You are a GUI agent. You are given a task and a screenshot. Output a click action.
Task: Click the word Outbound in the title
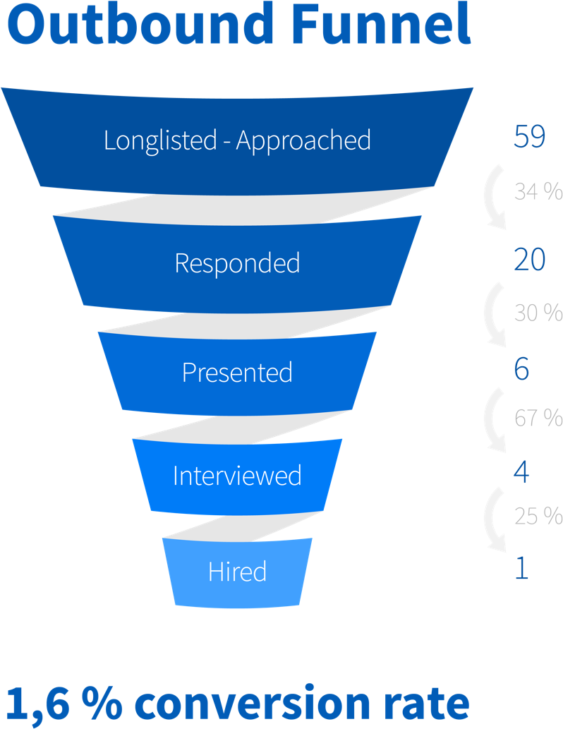(x=140, y=23)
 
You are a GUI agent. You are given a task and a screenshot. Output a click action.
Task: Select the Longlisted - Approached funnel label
(x=237, y=141)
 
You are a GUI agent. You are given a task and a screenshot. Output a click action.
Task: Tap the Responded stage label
(x=237, y=264)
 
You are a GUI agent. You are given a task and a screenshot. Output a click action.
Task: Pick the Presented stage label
(x=237, y=373)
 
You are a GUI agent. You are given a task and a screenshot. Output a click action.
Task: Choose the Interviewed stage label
(x=237, y=476)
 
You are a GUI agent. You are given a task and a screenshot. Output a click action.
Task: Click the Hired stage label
(x=237, y=572)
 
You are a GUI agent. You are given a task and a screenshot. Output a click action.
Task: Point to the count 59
(x=530, y=136)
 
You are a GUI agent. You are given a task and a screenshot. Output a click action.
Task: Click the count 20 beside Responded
(x=530, y=259)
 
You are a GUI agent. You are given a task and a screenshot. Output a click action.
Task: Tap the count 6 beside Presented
(x=521, y=368)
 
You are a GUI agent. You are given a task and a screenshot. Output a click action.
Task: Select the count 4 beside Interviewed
(x=521, y=472)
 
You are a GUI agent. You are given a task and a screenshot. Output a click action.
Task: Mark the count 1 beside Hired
(x=522, y=567)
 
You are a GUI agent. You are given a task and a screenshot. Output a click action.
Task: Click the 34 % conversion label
(x=538, y=191)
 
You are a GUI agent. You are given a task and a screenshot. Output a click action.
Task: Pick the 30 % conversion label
(x=538, y=313)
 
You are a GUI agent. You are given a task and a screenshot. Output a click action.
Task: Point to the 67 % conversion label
(x=538, y=418)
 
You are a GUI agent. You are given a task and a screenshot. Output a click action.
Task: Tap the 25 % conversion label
(x=538, y=516)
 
